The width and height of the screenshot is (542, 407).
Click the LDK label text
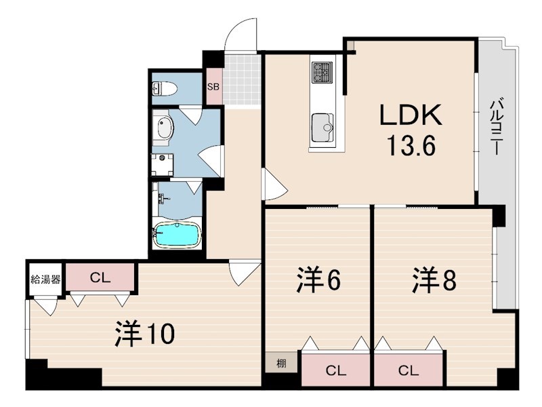tap(411, 115)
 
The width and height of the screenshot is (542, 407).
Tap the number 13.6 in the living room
tap(411, 145)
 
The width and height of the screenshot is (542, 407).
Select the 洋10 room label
tap(145, 333)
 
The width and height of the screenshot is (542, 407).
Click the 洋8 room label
tap(434, 280)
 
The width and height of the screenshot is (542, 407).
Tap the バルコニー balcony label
tap(497, 127)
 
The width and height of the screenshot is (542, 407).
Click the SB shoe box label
tap(213, 87)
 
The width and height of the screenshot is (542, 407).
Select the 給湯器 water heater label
tap(45, 279)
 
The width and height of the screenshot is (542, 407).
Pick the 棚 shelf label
tap(281, 364)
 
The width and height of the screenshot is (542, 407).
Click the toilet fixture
tap(165, 89)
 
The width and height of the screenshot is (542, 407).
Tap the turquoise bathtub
tap(177, 235)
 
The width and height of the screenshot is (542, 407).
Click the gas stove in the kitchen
tap(322, 73)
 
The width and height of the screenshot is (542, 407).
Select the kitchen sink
tap(322, 128)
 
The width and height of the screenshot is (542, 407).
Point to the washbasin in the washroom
tap(165, 128)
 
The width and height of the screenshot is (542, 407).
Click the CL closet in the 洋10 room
tap(100, 277)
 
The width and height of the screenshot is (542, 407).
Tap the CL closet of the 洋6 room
tap(336, 370)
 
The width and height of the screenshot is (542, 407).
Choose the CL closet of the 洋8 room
tap(409, 370)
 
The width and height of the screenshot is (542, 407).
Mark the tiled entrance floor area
tap(242, 79)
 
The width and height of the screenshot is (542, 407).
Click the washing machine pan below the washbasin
tap(163, 165)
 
